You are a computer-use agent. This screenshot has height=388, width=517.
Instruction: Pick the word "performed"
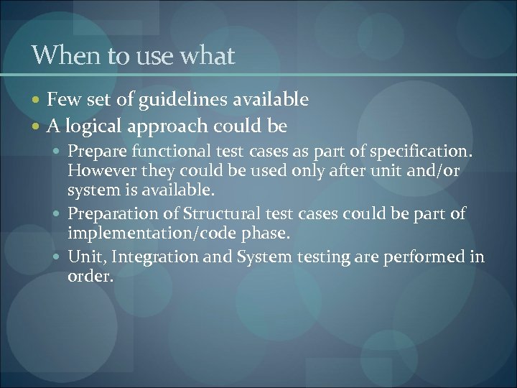pos(429,257)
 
